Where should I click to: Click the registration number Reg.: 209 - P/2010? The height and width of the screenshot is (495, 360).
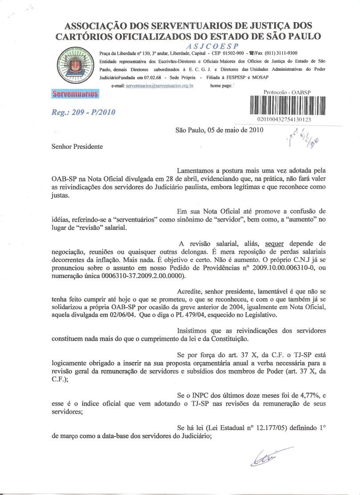(84, 112)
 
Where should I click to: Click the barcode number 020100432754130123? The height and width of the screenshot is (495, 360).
(284, 120)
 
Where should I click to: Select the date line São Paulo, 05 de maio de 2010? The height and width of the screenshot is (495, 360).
(220, 130)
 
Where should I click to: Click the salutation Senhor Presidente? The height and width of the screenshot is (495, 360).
(77, 146)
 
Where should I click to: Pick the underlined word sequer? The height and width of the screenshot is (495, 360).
(274, 243)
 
